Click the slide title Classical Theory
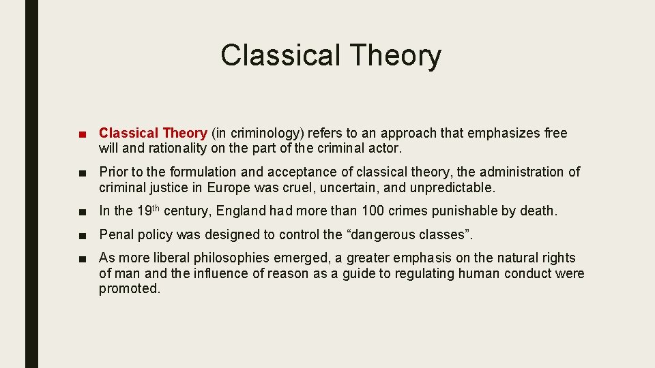(331, 55)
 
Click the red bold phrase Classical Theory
(153, 133)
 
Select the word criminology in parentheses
(247, 133)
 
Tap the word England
(243, 211)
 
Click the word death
(538, 211)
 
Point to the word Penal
(115, 235)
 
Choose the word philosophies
(232, 258)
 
